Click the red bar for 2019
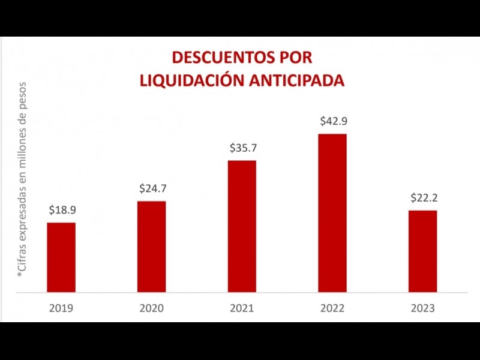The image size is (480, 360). (x=61, y=257)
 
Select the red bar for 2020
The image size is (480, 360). (x=151, y=247)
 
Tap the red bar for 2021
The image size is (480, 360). (x=242, y=226)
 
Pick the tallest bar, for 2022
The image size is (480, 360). (x=332, y=213)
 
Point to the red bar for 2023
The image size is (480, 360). (x=422, y=251)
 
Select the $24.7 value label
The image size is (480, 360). (x=152, y=188)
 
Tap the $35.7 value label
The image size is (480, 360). (x=242, y=148)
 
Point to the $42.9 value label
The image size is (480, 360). (x=332, y=121)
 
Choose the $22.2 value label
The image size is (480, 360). (x=423, y=197)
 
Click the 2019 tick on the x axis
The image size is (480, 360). (x=61, y=308)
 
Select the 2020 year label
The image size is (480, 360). (x=152, y=308)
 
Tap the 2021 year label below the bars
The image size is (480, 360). (x=242, y=308)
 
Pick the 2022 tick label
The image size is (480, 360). (x=332, y=308)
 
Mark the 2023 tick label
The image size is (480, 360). (x=422, y=308)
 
